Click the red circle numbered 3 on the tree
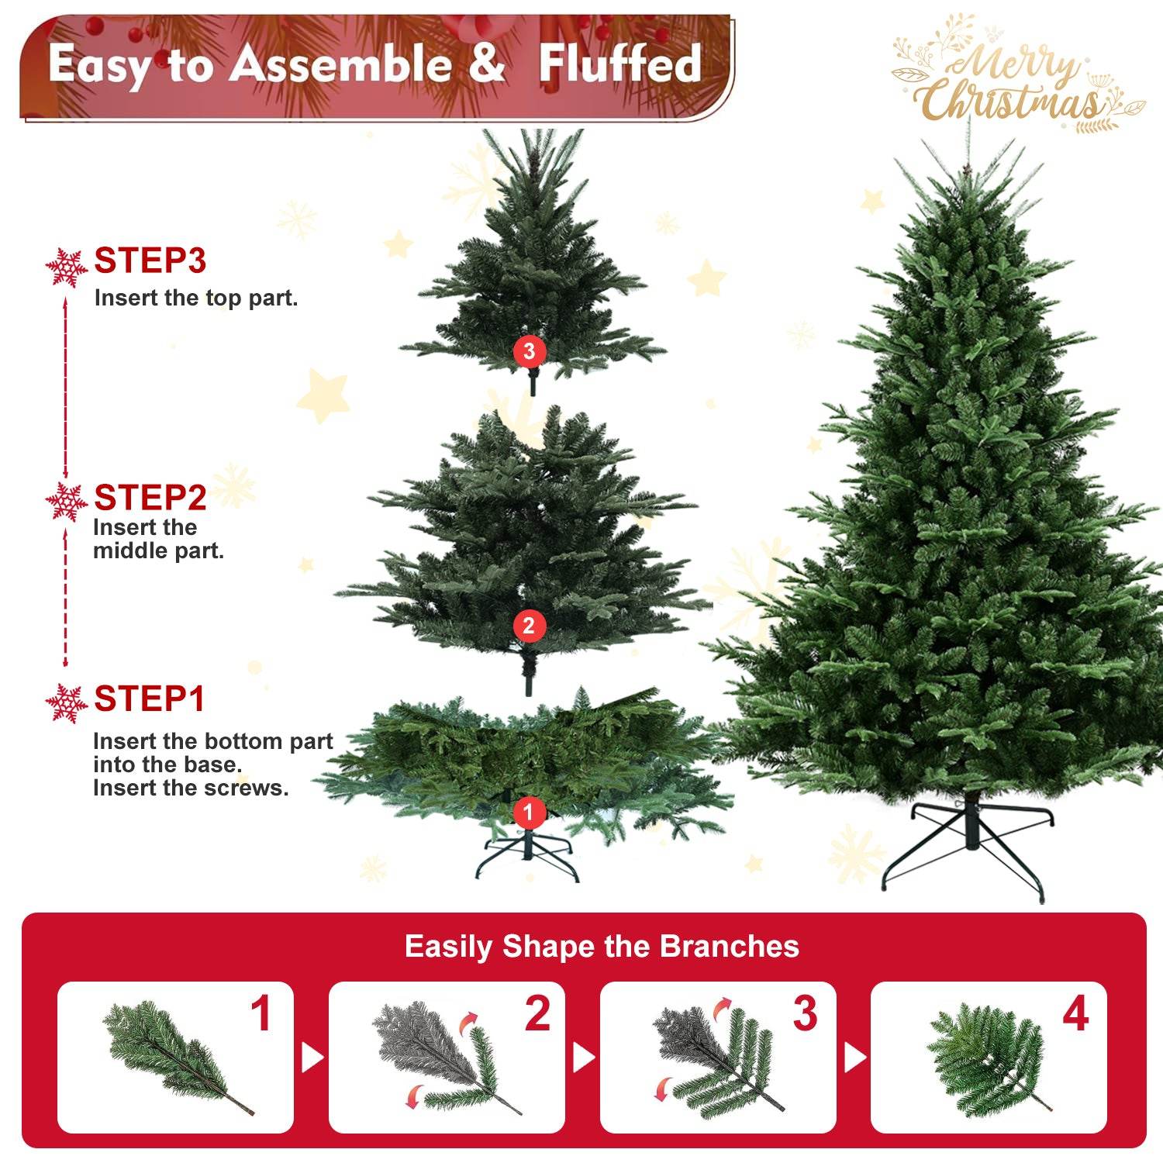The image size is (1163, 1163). pyautogui.click(x=529, y=351)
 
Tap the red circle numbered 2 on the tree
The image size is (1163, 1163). pyautogui.click(x=529, y=626)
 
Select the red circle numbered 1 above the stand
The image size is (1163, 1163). pyautogui.click(x=529, y=812)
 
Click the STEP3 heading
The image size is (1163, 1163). pyautogui.click(x=150, y=261)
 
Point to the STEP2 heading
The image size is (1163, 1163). pyautogui.click(x=150, y=498)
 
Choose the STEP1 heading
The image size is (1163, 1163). pyautogui.click(x=149, y=699)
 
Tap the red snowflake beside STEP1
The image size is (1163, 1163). pyautogui.click(x=66, y=703)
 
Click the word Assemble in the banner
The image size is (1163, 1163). pyautogui.click(x=340, y=64)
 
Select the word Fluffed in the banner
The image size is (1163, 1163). pyautogui.click(x=620, y=64)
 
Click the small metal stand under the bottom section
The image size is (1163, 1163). pyautogui.click(x=527, y=857)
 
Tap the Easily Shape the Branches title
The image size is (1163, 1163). pyautogui.click(x=602, y=947)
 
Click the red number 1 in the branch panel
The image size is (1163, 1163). pyautogui.click(x=261, y=1013)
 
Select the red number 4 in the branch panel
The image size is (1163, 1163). pyautogui.click(x=1075, y=1013)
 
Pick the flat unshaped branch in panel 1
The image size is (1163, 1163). pyautogui.click(x=174, y=1054)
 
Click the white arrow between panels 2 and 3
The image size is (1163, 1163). pyautogui.click(x=582, y=1058)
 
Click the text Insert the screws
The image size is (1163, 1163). pyautogui.click(x=191, y=788)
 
